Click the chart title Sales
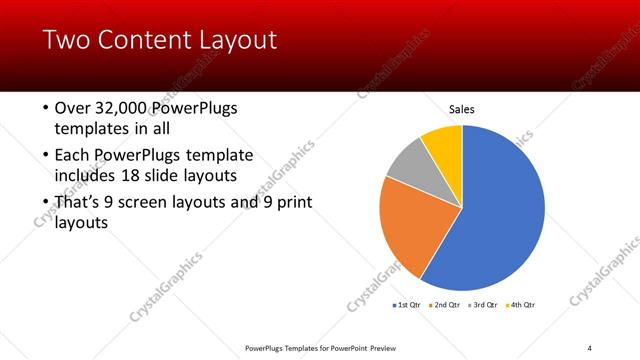point(461,109)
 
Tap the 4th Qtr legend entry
point(523,304)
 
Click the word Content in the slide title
point(138,40)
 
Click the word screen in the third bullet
point(157,203)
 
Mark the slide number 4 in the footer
point(590,347)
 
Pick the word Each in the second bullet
point(72,155)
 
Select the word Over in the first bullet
point(72,108)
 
